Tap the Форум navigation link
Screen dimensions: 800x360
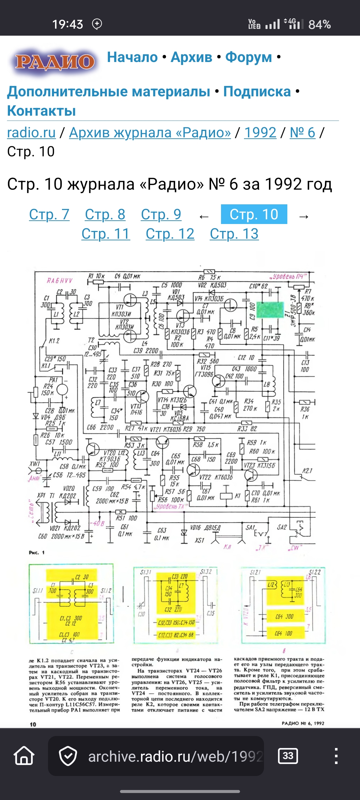point(248,57)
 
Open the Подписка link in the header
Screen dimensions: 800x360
point(257,92)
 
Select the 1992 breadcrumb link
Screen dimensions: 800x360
point(260,133)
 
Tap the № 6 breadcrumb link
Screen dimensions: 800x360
point(302,133)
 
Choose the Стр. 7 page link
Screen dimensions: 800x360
point(49,214)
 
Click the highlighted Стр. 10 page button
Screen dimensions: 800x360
point(254,214)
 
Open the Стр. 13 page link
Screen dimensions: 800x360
point(234,234)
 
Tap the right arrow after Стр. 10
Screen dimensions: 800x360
point(304,217)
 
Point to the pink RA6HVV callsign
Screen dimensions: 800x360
point(60,281)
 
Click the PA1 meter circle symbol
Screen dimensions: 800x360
point(62,389)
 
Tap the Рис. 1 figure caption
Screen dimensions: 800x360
point(37,552)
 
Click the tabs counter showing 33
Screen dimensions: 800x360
point(288,756)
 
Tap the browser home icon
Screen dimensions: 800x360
point(24,756)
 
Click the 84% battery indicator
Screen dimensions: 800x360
point(319,24)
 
